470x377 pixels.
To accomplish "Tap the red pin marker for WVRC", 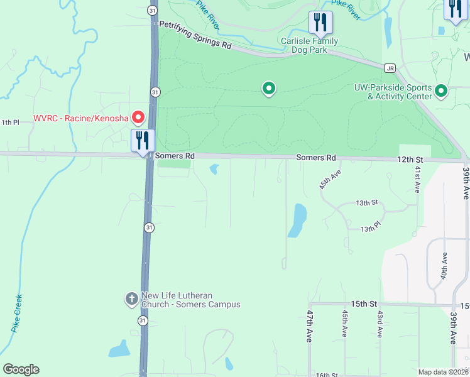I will tap(137, 117).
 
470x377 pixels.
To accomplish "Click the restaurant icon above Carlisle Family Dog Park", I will tap(320, 23).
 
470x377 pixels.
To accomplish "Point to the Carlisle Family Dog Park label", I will tap(309, 46).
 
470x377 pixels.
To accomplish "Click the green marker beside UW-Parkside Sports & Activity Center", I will tap(441, 92).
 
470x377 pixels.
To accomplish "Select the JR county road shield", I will tap(390, 68).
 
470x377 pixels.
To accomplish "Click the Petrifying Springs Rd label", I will tap(195, 35).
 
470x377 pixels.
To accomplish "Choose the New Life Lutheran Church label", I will tap(191, 300).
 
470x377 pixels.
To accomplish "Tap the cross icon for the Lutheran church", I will tap(132, 299).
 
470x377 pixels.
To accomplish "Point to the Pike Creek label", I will tap(17, 313).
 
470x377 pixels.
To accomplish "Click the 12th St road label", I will tap(410, 160).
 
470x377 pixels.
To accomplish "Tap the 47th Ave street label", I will tap(310, 325).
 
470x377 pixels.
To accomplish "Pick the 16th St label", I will tap(327, 374).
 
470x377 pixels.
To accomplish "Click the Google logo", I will tap(21, 369).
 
